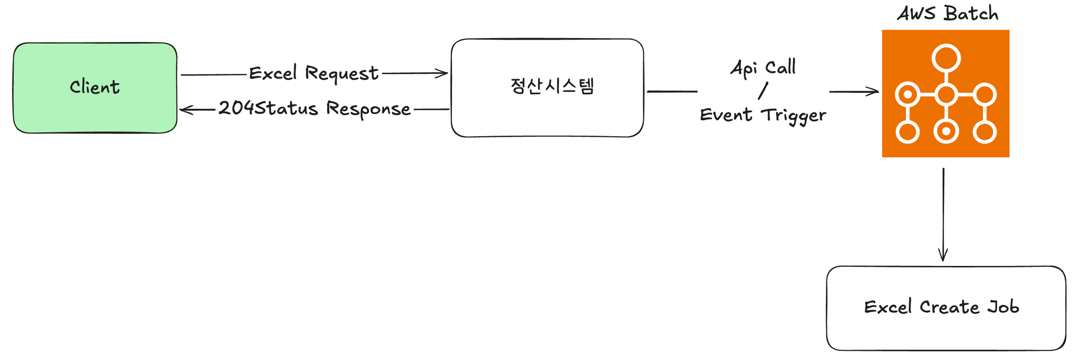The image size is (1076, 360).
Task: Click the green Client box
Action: click(95, 88)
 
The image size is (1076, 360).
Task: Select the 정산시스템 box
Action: click(547, 88)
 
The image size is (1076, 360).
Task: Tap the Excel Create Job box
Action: click(946, 308)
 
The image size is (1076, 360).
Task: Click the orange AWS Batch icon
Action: click(945, 94)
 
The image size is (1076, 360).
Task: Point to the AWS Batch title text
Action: click(947, 13)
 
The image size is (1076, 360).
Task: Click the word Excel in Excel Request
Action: click(273, 73)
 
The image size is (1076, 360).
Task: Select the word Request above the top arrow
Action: click(342, 74)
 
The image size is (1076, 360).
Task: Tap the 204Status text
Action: click(268, 108)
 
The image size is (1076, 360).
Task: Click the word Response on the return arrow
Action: click(368, 109)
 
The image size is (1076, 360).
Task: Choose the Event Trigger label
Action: click(763, 115)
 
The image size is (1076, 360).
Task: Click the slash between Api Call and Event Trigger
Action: click(762, 91)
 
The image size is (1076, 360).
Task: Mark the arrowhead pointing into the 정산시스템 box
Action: click(443, 74)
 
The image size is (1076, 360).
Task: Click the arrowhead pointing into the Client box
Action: click(185, 110)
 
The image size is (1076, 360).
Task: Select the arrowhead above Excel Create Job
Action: click(943, 256)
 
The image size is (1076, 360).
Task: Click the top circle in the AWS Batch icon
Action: click(946, 58)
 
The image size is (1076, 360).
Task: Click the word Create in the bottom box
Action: click(949, 307)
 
